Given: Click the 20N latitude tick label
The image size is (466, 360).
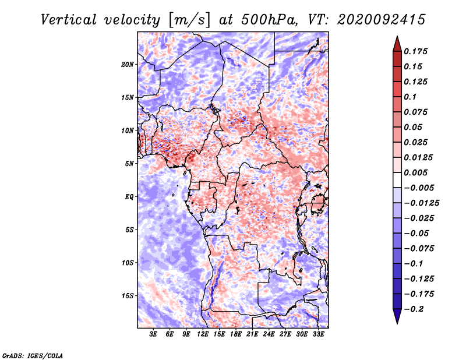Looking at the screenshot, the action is click(x=128, y=65).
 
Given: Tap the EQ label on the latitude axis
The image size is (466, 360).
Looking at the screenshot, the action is click(x=129, y=197).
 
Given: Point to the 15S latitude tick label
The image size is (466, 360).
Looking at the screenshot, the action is click(x=128, y=296).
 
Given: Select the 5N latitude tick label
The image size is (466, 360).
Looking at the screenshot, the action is click(x=129, y=164).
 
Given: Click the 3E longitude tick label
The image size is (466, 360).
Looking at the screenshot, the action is click(x=153, y=334).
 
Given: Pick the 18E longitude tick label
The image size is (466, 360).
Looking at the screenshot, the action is click(x=236, y=334).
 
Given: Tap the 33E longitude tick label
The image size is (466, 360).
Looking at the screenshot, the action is click(x=318, y=334).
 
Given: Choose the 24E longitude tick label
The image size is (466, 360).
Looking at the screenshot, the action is click(x=269, y=334).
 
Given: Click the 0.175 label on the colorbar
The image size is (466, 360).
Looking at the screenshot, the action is click(x=415, y=51).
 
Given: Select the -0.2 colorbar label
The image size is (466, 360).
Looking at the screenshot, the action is click(x=414, y=309).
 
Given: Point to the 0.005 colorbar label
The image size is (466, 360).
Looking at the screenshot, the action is click(x=415, y=172).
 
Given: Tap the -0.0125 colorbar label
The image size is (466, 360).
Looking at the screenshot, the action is click(x=421, y=203).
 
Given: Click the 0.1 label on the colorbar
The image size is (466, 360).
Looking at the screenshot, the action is click(x=410, y=97).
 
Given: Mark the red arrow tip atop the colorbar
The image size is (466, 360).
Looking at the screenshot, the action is click(x=397, y=36).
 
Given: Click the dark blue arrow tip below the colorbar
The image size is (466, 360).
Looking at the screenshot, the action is click(x=397, y=323).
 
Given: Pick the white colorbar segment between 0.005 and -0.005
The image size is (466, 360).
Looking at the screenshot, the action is click(x=397, y=180).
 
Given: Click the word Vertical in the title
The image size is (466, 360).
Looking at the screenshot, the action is click(x=69, y=20).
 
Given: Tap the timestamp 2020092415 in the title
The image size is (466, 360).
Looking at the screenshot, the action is click(x=381, y=20).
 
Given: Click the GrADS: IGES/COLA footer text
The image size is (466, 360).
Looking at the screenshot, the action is click(x=33, y=355).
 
